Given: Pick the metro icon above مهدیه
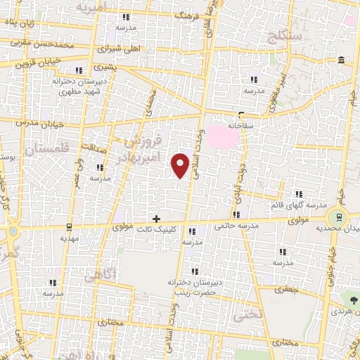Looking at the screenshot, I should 68,226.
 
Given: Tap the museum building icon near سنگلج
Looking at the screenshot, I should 340,60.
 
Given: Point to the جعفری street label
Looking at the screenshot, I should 286,288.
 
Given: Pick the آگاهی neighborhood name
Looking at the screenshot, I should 99,275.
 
